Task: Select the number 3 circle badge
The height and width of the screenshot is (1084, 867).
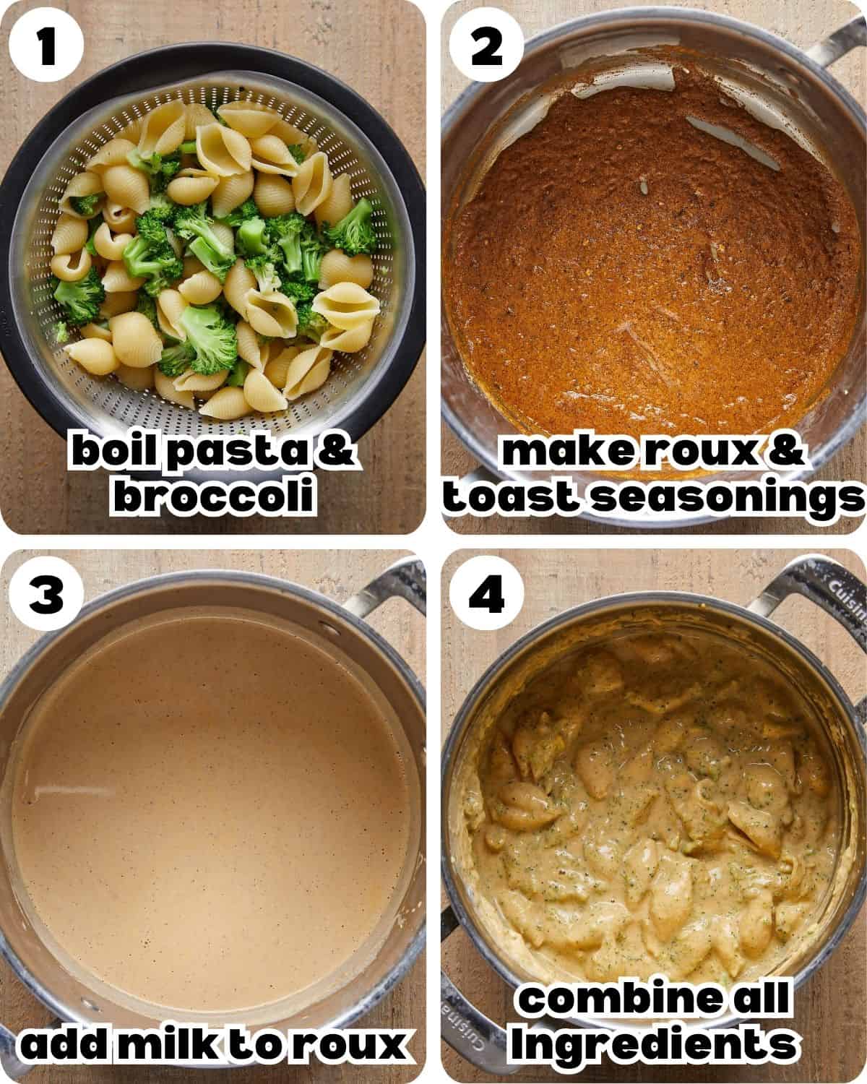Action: (47, 596)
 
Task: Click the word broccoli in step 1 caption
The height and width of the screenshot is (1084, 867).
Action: (215, 497)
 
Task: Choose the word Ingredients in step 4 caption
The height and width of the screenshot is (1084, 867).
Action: (652, 1043)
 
